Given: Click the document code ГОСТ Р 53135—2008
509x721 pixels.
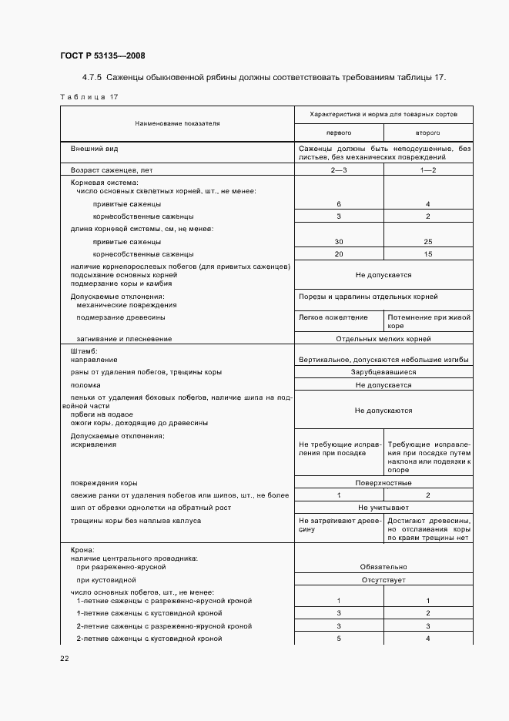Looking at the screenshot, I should [x=102, y=55].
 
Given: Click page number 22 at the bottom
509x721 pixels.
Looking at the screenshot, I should [x=64, y=658].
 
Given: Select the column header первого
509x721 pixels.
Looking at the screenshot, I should [x=339, y=132].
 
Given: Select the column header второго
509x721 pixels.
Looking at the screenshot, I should [x=428, y=132].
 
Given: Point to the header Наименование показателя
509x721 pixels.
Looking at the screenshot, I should [x=177, y=123].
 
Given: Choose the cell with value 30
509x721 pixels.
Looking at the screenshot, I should [x=339, y=242].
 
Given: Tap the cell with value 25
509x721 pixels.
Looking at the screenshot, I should [x=428, y=242].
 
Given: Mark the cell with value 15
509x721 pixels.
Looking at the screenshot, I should [x=428, y=254].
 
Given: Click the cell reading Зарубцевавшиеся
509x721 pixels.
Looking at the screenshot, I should [x=383, y=372].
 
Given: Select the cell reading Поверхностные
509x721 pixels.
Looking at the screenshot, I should [x=383, y=483].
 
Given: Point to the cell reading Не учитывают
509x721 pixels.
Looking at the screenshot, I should [x=383, y=508].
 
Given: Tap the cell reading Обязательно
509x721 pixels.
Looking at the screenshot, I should [x=383, y=566].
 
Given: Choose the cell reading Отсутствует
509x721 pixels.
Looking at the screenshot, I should [x=383, y=580].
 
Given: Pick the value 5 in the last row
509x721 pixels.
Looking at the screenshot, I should [x=339, y=639].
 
